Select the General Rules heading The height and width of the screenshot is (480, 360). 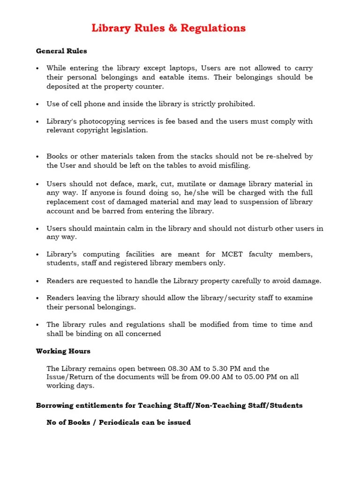click(61, 51)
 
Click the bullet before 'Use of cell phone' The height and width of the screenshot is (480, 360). click(37, 104)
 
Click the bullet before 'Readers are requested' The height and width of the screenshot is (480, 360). click(37, 281)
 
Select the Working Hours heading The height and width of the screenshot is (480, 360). click(63, 351)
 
